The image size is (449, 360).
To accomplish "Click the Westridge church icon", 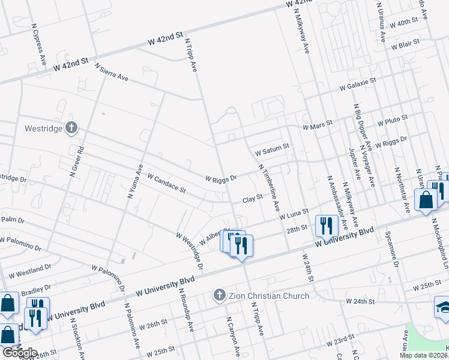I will pos(71,127).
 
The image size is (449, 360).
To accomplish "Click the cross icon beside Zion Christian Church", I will pos(220,295).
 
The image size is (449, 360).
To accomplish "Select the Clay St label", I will pos(253,197).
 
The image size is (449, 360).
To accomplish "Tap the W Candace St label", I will pos(166,184).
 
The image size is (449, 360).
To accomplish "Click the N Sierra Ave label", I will pos(112,73).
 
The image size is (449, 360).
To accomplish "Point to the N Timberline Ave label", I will pos(269,187).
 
